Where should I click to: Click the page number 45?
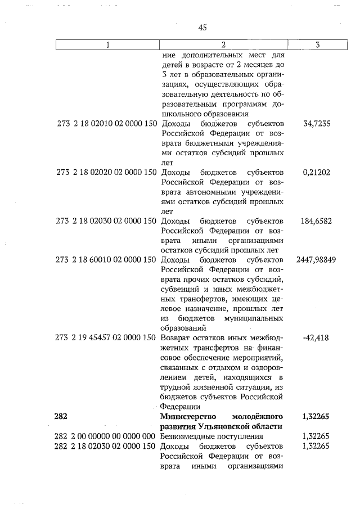click(204, 28)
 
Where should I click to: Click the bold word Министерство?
click(188, 416)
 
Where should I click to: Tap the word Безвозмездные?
click(190, 436)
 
